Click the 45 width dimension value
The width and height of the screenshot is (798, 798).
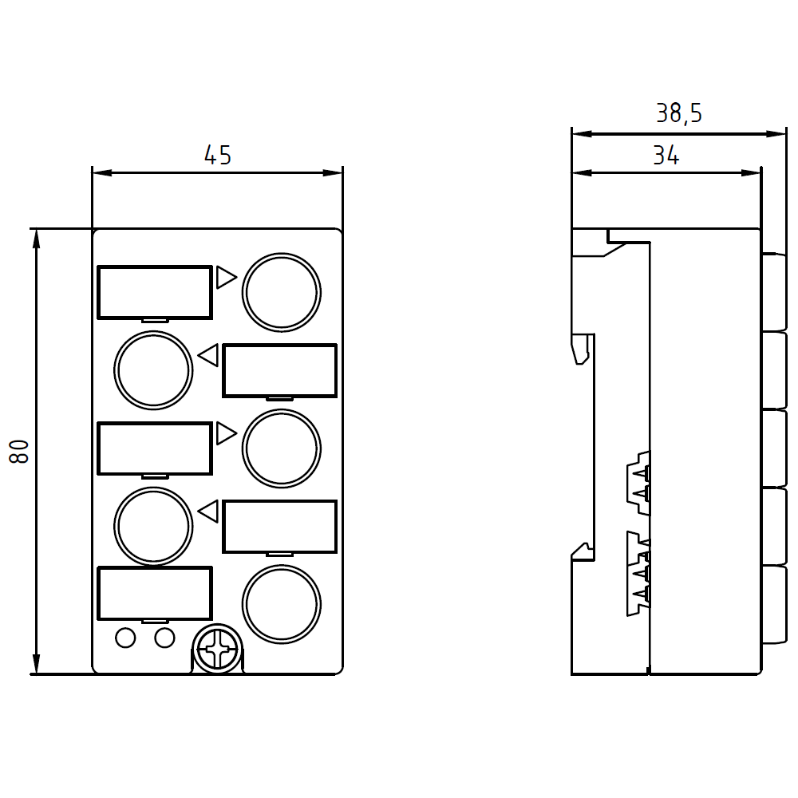pyautogui.click(x=218, y=156)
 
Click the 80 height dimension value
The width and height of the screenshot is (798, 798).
pyautogui.click(x=19, y=452)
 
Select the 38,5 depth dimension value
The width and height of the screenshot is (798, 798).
pyautogui.click(x=679, y=113)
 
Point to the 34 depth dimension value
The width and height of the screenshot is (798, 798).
pyautogui.click(x=666, y=156)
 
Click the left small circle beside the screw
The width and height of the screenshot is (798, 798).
pyautogui.click(x=126, y=638)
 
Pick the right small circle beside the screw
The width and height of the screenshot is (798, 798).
pyautogui.click(x=164, y=638)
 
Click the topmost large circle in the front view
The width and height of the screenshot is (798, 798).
pyautogui.click(x=282, y=293)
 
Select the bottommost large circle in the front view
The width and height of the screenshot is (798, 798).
pyautogui.click(x=282, y=604)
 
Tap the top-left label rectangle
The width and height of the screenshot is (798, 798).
pyautogui.click(x=155, y=293)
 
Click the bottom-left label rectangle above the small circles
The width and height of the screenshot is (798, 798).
pyautogui.click(x=155, y=594)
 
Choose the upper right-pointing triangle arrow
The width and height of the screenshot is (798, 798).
pyautogui.click(x=227, y=278)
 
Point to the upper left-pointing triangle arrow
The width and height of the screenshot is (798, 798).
pyautogui.click(x=207, y=355)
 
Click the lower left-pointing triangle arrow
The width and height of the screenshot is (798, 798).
pyautogui.click(x=207, y=512)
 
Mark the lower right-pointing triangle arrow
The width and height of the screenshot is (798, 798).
pyautogui.click(x=227, y=433)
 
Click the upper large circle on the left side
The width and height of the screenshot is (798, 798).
pyautogui.click(x=153, y=370)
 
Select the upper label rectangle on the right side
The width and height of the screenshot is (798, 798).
pyautogui.click(x=280, y=370)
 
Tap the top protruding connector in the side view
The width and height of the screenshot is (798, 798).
pyautogui.click(x=774, y=292)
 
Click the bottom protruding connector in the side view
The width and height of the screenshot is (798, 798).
pyautogui.click(x=774, y=605)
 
